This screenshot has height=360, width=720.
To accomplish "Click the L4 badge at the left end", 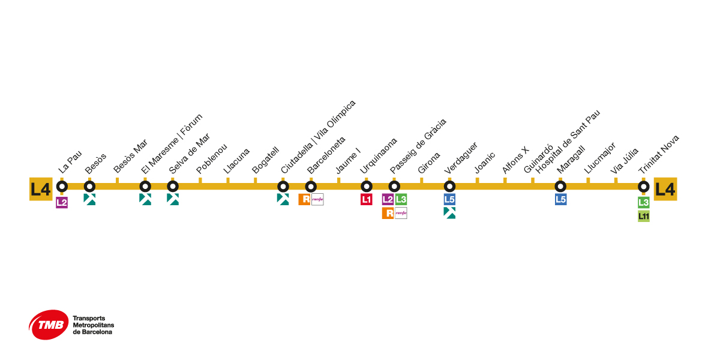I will click(41, 189).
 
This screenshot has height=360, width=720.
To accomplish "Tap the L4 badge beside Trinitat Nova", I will click(665, 189).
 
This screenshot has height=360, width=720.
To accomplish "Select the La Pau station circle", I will click(62, 187).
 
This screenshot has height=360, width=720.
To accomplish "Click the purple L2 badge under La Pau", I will click(62, 202).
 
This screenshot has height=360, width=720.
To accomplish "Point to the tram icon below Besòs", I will click(89, 199).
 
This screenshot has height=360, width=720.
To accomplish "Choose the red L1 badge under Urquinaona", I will click(367, 199).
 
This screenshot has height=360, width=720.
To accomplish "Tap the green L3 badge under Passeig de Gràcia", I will click(401, 199).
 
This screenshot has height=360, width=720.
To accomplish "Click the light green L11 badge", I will click(644, 216).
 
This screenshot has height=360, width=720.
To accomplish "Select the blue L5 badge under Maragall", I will click(560, 199).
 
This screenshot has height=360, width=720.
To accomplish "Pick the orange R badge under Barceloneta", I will click(304, 199).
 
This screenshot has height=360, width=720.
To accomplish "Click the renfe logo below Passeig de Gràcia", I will click(401, 213).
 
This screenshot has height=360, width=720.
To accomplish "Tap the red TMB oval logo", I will click(48, 325).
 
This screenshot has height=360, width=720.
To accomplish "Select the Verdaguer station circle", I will click(449, 187).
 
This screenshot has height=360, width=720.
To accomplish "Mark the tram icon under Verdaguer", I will click(449, 212).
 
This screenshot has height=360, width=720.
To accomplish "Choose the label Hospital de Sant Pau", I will click(568, 142).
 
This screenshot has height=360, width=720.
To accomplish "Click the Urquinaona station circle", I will click(367, 187).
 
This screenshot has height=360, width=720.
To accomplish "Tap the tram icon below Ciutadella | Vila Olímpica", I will click(283, 199).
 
